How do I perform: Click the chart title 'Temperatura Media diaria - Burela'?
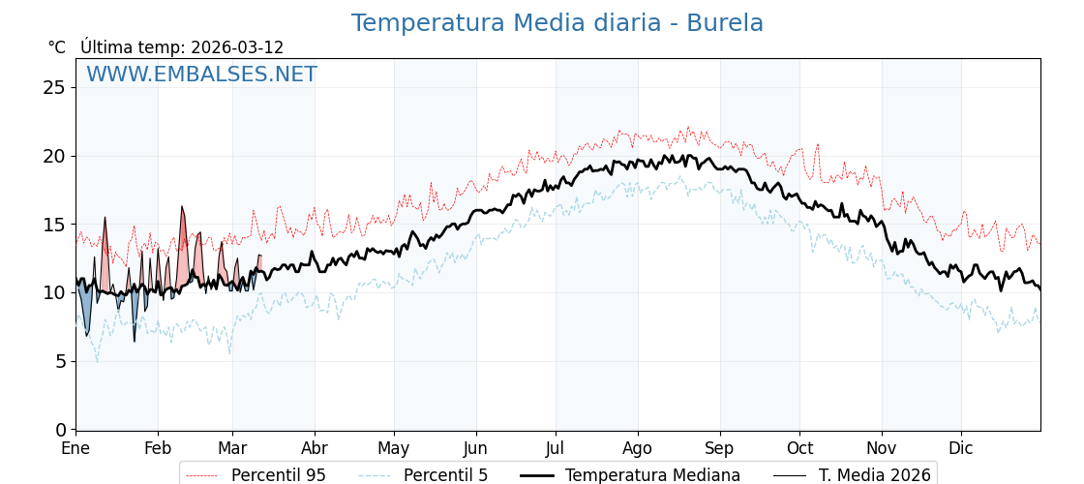[x=557, y=23]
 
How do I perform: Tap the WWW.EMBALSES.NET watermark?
[x=201, y=75]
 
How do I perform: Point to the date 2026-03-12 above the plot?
[x=237, y=47]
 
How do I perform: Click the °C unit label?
[x=56, y=47]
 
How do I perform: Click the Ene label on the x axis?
[x=75, y=448]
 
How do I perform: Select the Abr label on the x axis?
[x=315, y=448]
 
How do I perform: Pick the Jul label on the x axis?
[x=556, y=448]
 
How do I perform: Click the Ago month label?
[x=638, y=448]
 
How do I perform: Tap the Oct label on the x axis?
[x=799, y=448]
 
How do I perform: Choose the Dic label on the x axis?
[x=961, y=448]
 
